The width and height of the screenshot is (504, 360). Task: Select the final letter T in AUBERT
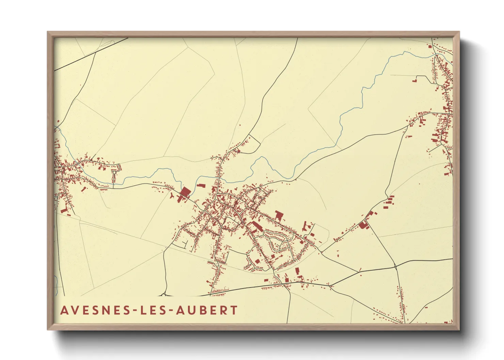point(234,310)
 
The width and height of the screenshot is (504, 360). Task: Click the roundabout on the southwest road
point(164,295)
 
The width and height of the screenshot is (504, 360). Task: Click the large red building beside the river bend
point(185,192)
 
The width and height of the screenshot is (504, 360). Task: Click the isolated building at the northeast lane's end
point(414,81)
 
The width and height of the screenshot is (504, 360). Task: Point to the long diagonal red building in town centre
point(255,226)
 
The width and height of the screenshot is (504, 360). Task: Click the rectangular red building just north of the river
point(201,185)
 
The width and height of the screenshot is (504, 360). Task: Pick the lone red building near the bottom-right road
point(426,308)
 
